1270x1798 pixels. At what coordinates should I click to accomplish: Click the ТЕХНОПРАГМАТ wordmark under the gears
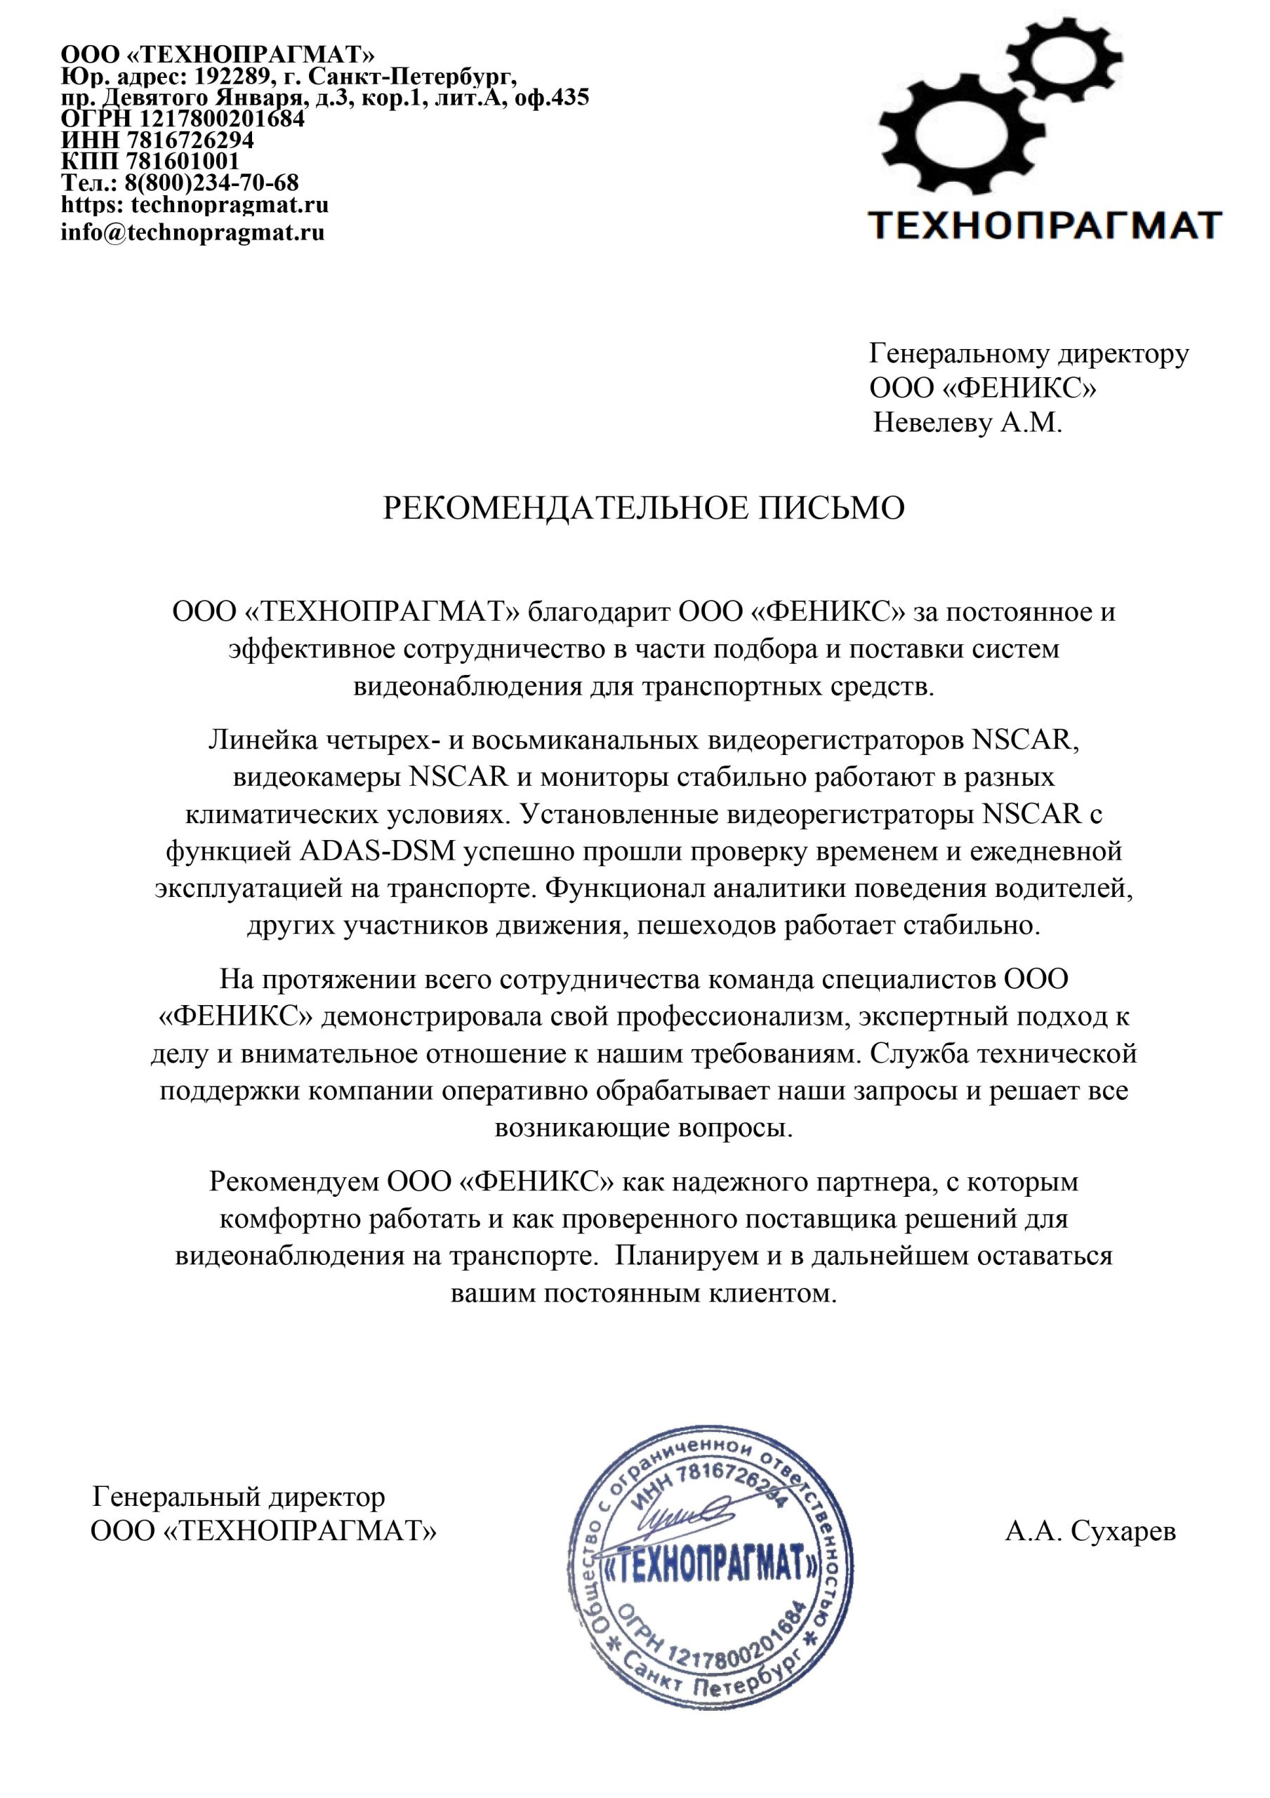[x=1045, y=225]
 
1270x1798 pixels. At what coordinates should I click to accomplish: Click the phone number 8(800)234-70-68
[x=211, y=183]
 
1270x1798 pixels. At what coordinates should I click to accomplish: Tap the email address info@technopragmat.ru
[x=192, y=232]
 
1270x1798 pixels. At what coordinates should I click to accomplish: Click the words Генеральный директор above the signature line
[x=239, y=1497]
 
